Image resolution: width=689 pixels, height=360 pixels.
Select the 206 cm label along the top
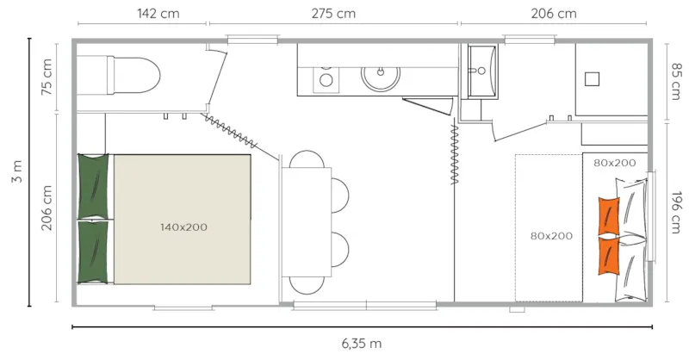(555, 13)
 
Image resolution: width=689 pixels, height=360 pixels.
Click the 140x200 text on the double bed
(183, 227)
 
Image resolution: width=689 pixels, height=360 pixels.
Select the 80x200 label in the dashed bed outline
(552, 235)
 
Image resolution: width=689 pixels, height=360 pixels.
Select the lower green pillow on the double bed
(94, 252)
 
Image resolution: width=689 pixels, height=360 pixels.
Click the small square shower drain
(592, 78)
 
